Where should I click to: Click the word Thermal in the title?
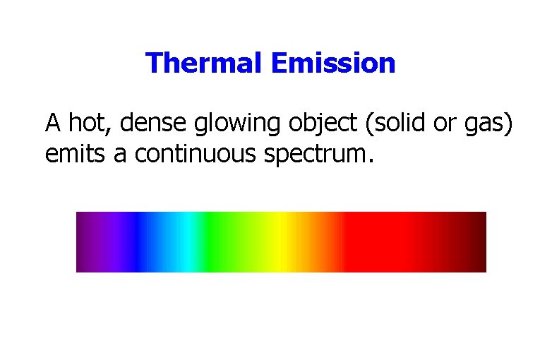coord(204,64)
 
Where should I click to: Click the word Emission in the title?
coord(332,64)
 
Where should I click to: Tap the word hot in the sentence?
coord(90,123)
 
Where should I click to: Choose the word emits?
coord(75,153)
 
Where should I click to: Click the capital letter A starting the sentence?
coord(53,123)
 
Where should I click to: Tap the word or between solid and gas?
coord(443,124)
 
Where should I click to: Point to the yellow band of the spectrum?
coord(281,241)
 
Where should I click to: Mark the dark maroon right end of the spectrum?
coord(476,241)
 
